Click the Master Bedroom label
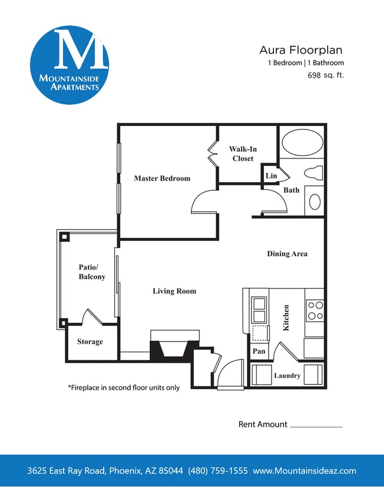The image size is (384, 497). coord(162,178)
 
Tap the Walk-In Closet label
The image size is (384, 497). coord(243,154)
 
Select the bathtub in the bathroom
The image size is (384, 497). coord(302,143)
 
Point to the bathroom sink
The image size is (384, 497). coord(315,202)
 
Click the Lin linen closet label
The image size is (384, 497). coord(271,176)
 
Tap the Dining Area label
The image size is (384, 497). coord(287,254)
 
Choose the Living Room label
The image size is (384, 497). coord(174,291)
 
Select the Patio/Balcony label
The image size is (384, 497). coord(92,271)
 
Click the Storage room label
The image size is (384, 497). coord(90,342)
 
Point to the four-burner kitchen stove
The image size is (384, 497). coord(315,310)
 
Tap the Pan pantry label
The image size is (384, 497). coord(259,351)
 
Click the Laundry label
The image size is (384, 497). coord(287,375)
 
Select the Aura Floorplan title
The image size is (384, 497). coord(300,50)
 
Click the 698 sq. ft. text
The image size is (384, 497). coord(326,75)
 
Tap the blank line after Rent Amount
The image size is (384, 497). coord(316,426)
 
